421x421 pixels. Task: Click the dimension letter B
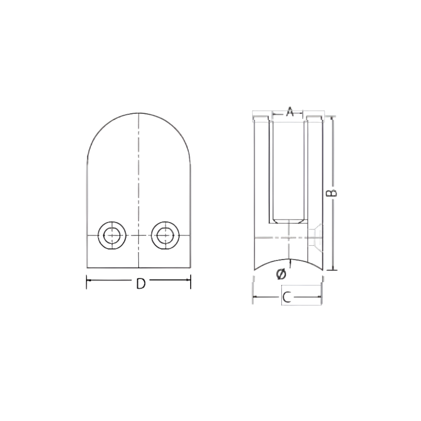point(331,193)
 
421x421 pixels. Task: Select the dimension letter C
point(287,297)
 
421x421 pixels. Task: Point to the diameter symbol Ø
point(281,274)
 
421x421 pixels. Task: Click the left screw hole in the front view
point(112,235)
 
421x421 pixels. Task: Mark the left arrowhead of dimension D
point(88,280)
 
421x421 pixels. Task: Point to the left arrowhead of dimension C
point(255,297)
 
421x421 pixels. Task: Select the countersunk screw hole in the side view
point(315,235)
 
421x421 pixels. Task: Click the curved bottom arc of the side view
point(288,260)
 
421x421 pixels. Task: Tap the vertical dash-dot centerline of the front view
point(139,175)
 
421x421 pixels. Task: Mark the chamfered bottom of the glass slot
point(288,222)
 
